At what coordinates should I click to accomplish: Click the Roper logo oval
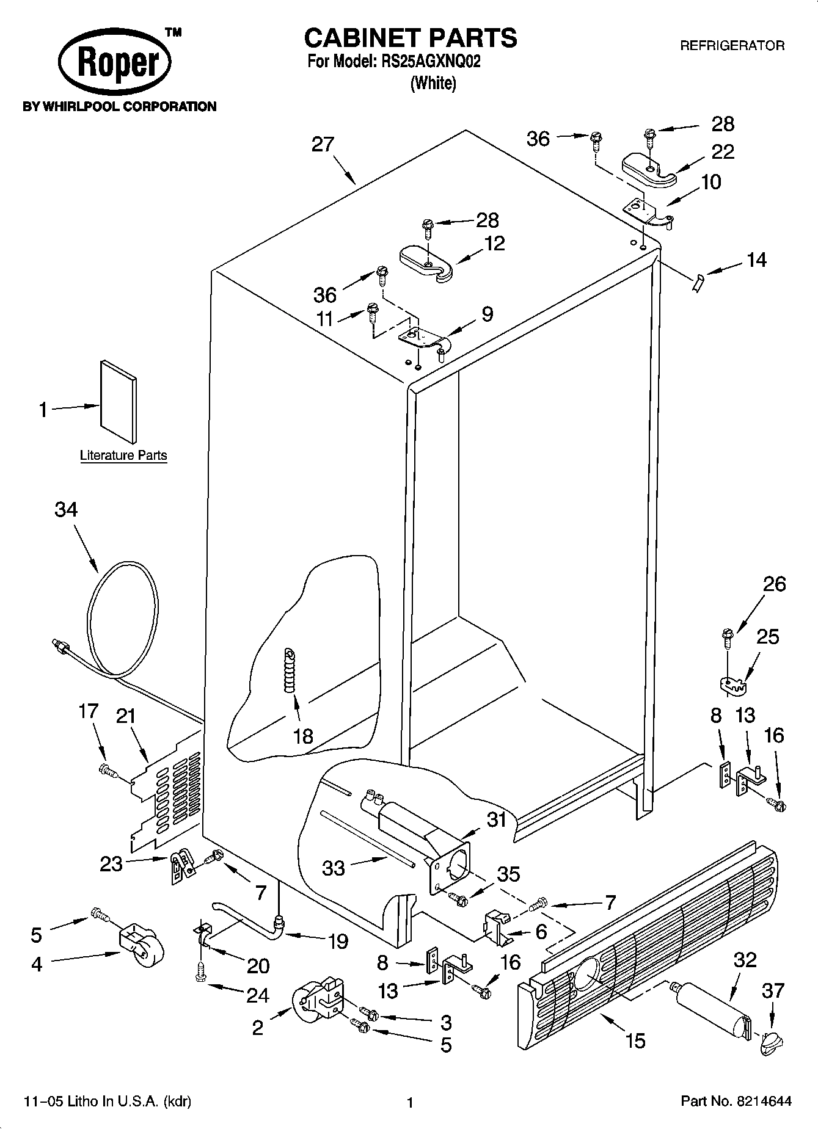point(114,64)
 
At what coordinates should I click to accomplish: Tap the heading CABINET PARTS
point(411,38)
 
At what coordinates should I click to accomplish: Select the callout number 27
point(323,145)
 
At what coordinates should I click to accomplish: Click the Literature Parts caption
point(123,456)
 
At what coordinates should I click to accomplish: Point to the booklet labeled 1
point(119,401)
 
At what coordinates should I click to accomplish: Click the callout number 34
point(66,509)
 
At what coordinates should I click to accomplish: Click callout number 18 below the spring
point(303,736)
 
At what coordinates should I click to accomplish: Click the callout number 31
point(497,818)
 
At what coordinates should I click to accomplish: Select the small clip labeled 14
point(698,283)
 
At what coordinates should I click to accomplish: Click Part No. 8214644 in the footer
point(736,1102)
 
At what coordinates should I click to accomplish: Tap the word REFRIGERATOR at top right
point(732,46)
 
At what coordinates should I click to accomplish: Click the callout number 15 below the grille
point(635,1040)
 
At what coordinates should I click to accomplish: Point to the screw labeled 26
point(727,638)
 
